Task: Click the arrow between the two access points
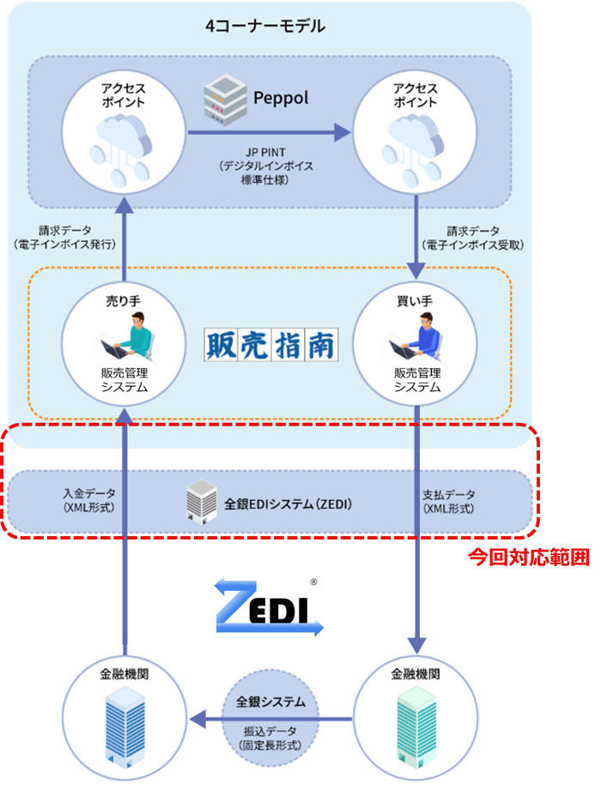pos(270,133)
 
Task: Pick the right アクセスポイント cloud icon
pos(415,146)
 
